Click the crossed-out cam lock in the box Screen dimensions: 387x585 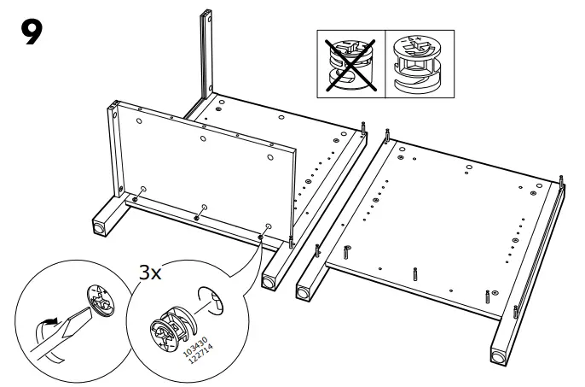pos(350,62)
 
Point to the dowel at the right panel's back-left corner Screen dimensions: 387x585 pos(388,136)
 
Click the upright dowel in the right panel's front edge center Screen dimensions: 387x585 pos(415,275)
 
